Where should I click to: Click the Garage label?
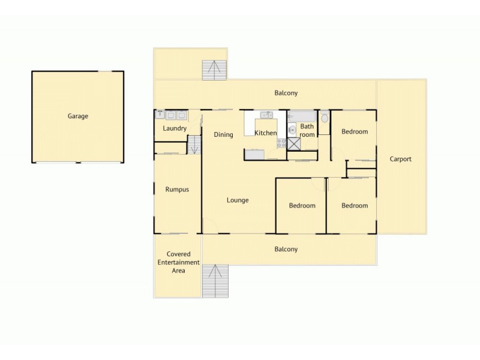point(77,116)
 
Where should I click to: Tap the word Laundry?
point(175,128)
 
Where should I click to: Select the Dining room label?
point(223,134)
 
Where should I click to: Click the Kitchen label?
point(266,133)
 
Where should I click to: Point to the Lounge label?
point(238,200)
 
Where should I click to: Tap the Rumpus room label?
point(177,190)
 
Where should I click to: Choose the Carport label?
point(400,159)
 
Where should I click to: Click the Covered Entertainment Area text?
point(178,262)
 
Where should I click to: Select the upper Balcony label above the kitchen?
point(286,93)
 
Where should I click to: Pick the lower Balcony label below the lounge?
point(286,249)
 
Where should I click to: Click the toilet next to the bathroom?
point(325,118)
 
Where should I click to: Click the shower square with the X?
point(293,143)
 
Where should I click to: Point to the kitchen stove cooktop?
point(280,143)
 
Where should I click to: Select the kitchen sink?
point(266,115)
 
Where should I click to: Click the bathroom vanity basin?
point(292,129)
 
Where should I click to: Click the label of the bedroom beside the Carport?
point(354,131)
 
